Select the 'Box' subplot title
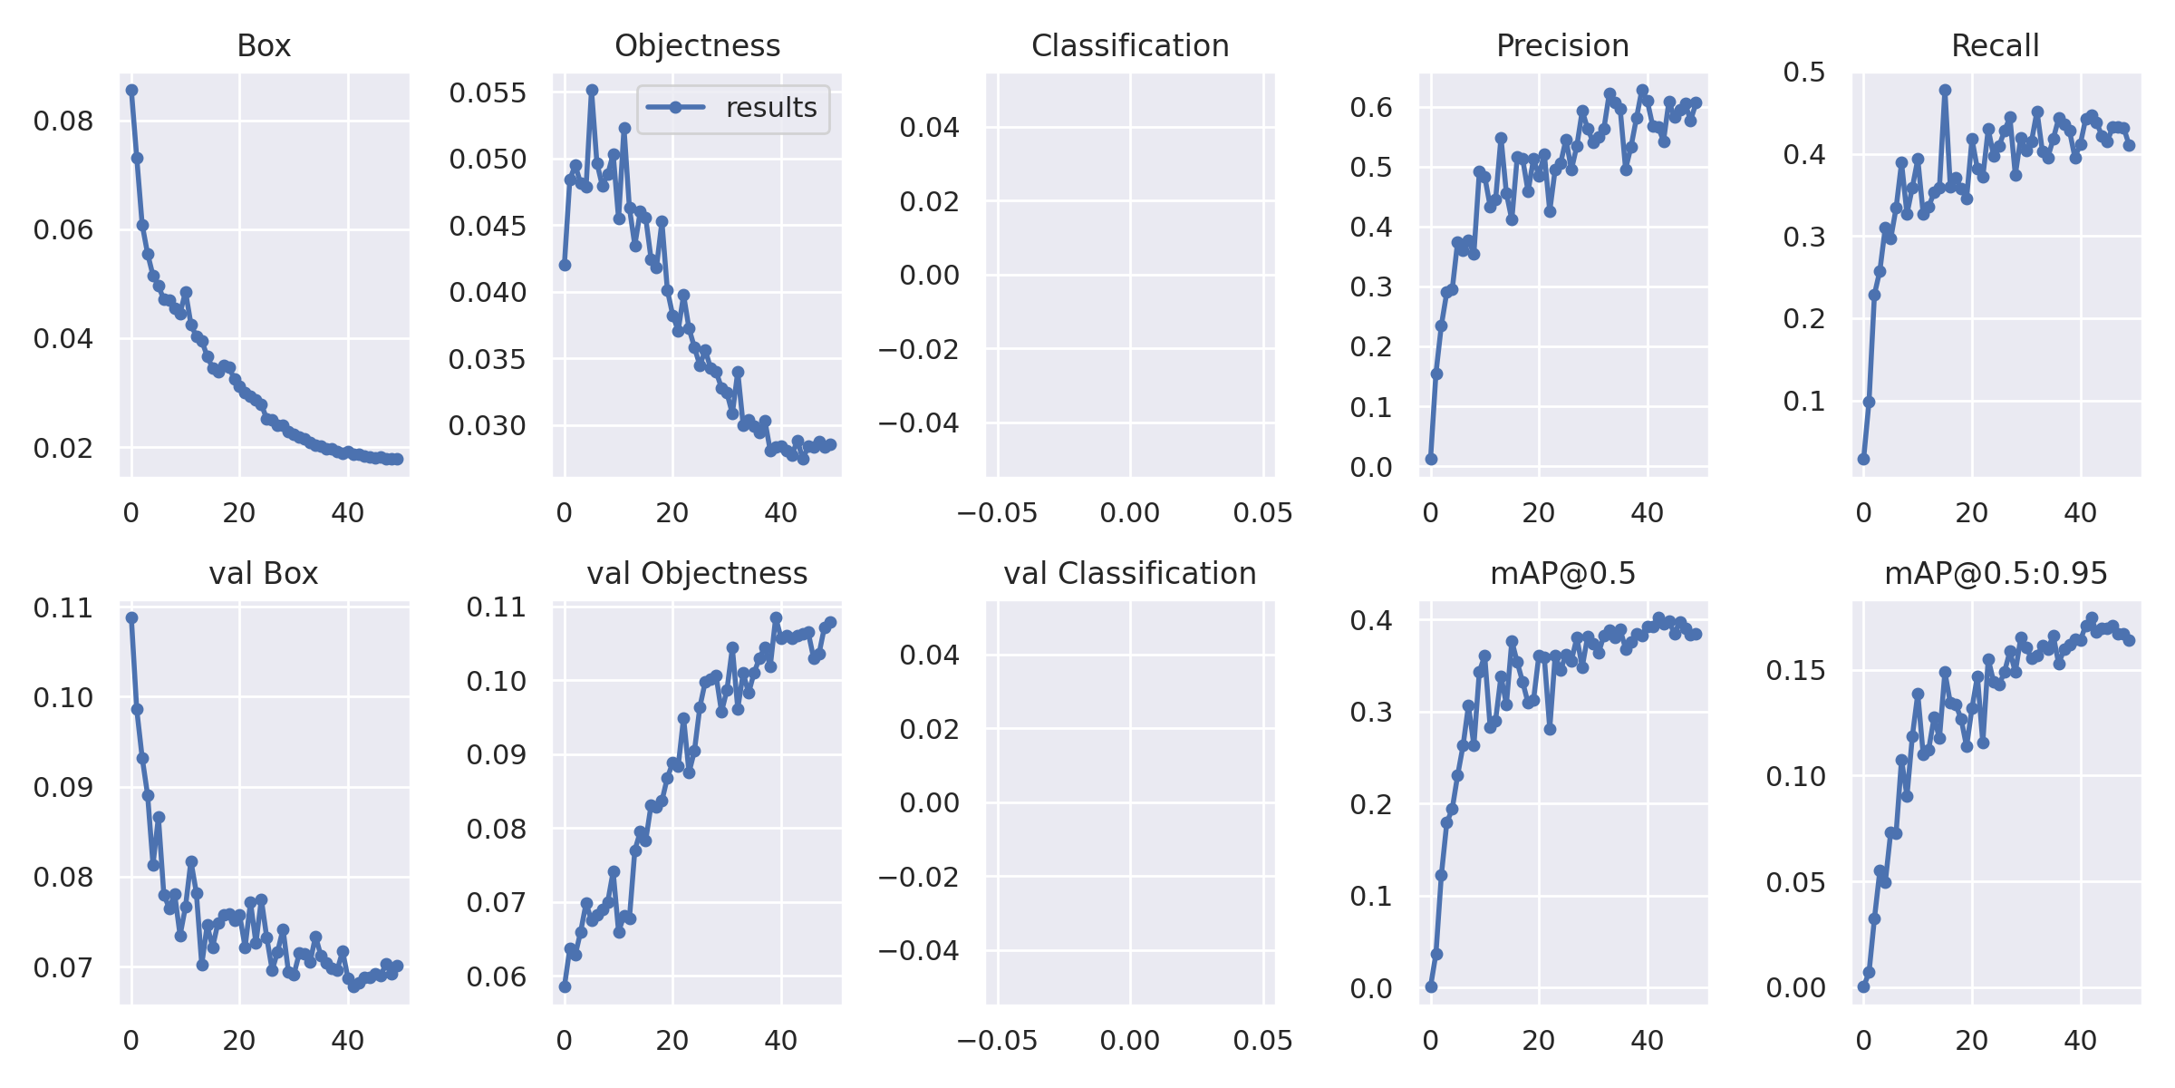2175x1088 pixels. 264,45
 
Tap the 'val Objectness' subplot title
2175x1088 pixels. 697,573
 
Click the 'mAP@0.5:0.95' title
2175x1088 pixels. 1996,573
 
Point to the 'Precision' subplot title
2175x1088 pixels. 1562,45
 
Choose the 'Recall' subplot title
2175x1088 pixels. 1995,45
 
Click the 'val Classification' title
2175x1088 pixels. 1129,573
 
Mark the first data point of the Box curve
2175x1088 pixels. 132,90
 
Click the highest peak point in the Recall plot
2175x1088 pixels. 1945,91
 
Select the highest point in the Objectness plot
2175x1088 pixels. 592,90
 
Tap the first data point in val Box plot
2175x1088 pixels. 132,617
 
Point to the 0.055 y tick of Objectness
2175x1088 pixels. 488,92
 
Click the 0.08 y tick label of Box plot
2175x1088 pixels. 63,121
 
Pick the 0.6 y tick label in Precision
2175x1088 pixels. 1371,107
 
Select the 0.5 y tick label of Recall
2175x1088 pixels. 1804,72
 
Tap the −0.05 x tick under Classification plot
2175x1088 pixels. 997,513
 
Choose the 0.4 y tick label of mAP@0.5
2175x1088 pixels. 1371,620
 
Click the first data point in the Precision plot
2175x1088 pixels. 1431,459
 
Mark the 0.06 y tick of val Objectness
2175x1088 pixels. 496,976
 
